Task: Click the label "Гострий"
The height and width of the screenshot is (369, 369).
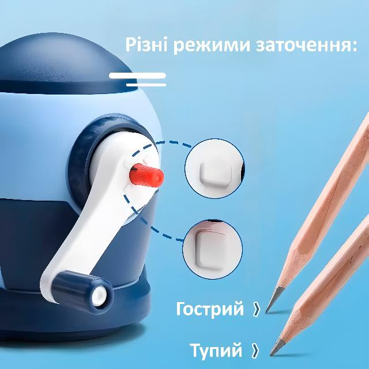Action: tap(209, 309)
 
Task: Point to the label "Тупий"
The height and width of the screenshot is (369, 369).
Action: tap(216, 351)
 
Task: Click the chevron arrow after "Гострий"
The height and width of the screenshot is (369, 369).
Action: tap(257, 309)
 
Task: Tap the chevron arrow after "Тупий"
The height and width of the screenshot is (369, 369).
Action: tap(255, 351)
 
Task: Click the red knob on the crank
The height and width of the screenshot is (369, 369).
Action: tap(146, 175)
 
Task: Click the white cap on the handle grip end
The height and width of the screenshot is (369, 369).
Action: tap(100, 296)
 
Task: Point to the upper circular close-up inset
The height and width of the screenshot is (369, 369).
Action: tap(214, 168)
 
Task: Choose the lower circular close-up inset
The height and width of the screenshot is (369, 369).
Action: tap(213, 250)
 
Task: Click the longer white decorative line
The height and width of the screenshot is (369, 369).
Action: tap(137, 76)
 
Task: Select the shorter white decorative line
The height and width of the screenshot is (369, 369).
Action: tap(146, 85)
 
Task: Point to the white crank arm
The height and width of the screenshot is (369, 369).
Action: tap(94, 212)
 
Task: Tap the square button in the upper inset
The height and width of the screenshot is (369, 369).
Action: tap(215, 174)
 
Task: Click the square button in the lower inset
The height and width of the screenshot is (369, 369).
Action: tap(210, 250)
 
